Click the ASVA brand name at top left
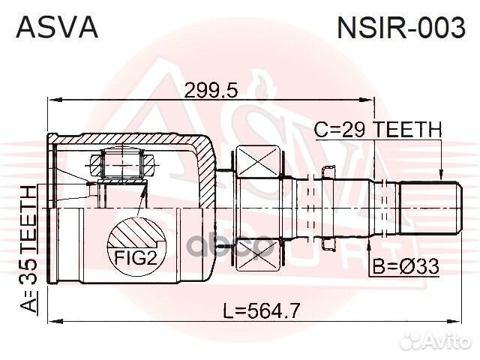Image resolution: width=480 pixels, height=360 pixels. [x=57, y=27]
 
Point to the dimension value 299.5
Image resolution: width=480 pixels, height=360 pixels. [x=211, y=90]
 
